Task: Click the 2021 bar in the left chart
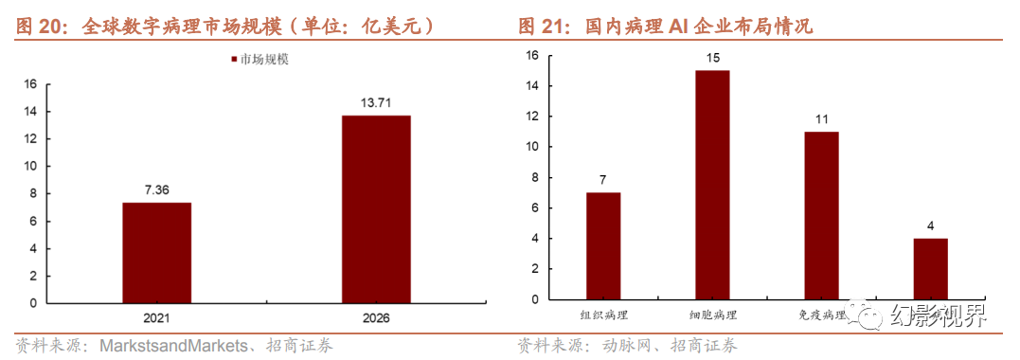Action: coord(156,253)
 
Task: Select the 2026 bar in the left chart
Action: coord(376,209)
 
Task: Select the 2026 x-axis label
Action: coord(376,317)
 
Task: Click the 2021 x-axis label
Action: coord(156,317)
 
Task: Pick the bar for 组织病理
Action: coord(603,245)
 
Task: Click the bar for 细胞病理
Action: coord(712,185)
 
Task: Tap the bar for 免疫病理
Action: coord(821,215)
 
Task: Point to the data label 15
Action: coord(712,59)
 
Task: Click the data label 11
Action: coord(821,120)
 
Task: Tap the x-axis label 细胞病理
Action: coord(712,315)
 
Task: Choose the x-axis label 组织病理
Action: coord(603,315)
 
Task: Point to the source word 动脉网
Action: coord(629,346)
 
